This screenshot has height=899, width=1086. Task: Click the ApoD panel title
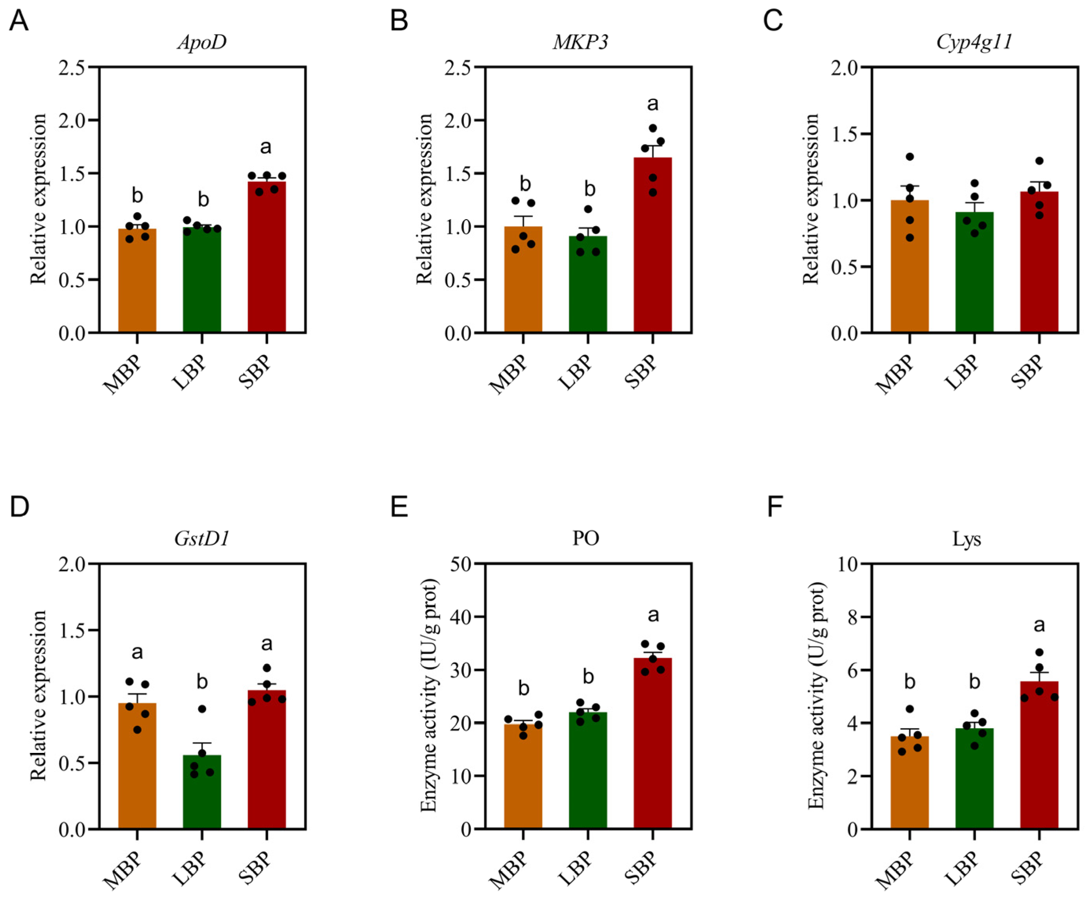coord(202,42)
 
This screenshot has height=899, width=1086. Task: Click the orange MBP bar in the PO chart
coord(523,776)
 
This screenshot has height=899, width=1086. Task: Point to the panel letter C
coord(773,21)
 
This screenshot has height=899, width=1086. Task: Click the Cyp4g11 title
coord(974,42)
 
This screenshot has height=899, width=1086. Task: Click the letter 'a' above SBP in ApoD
coord(266,147)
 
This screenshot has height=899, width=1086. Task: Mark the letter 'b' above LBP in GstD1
coord(202,682)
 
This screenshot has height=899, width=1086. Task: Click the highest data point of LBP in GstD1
coord(202,709)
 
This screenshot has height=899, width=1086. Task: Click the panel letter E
coord(399,507)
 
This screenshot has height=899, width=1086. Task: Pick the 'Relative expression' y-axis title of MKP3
coord(424,199)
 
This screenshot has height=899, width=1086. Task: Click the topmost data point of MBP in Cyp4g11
coord(910,157)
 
